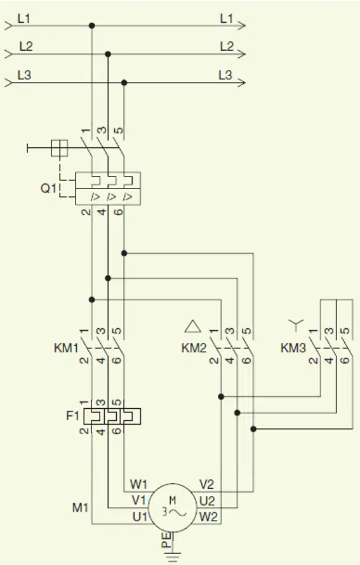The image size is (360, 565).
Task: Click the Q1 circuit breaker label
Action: coord(48,188)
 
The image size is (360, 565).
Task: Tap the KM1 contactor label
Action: coord(66,348)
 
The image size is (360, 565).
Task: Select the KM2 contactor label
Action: coord(194,348)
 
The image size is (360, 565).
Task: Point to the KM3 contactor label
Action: coord(293,348)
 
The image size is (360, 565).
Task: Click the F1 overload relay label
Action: coord(72,416)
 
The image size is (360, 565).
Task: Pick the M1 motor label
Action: coord(80,508)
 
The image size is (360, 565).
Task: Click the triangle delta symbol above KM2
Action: coord(193,326)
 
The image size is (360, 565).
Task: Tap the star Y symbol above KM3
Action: coord(296,325)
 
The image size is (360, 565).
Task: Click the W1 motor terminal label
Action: coord(138,484)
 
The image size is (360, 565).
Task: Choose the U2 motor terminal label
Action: coord(207,501)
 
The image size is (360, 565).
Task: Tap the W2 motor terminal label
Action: coord(209,517)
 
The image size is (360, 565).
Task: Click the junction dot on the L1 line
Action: coord(92,25)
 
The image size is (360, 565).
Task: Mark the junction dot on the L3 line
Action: coord(124,83)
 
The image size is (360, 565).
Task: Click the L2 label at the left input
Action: coord(26,46)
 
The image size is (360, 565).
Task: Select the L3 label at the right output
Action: coord(225,75)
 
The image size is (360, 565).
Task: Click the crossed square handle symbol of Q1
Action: coord(60,148)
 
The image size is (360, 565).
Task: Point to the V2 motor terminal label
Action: coord(207,484)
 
